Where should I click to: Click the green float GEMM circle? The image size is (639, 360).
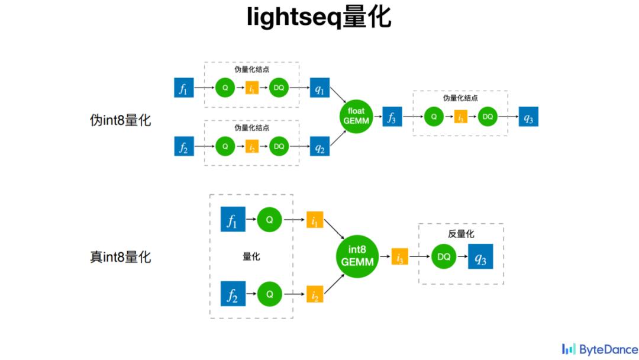pos(357,116)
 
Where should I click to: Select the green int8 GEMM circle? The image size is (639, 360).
pos(357,257)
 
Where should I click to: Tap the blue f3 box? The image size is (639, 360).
pos(392,117)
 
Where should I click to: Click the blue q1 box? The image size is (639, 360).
pos(319,88)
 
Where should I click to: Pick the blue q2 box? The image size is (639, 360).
pos(319,146)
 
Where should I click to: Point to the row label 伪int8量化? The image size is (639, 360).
pos(120,120)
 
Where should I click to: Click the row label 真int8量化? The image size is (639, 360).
pos(120,257)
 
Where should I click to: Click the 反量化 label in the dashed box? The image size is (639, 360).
pos(461,234)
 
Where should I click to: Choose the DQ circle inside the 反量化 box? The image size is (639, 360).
pos(444,257)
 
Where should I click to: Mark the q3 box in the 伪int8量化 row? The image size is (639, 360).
pos(528,117)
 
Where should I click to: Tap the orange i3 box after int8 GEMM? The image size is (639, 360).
pos(399,257)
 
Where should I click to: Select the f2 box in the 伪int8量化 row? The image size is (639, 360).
pos(183,146)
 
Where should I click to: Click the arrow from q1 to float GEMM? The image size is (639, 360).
pos(339,97)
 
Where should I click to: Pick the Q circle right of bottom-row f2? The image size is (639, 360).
pos(269,294)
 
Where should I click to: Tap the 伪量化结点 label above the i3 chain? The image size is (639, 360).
pos(460,98)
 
